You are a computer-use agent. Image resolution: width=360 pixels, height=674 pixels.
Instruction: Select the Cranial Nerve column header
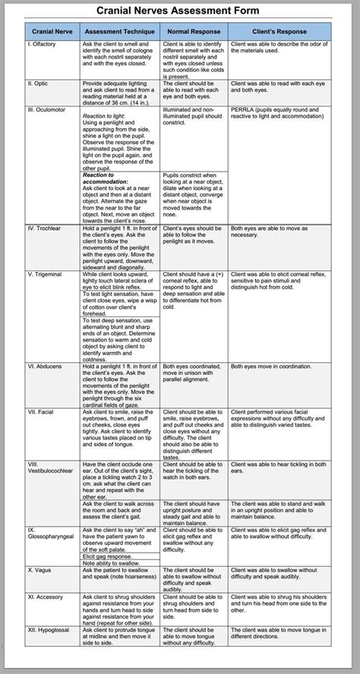[x=52, y=33]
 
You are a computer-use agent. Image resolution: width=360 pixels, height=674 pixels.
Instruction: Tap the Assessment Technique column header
[x=120, y=33]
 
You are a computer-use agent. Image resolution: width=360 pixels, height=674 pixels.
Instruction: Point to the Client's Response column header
[x=279, y=33]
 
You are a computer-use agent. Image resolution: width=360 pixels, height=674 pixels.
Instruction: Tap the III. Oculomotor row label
[x=47, y=109]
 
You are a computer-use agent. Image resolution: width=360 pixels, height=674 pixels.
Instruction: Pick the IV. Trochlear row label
[x=45, y=228]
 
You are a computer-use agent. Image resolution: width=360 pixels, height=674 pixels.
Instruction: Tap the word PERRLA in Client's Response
[x=244, y=109]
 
